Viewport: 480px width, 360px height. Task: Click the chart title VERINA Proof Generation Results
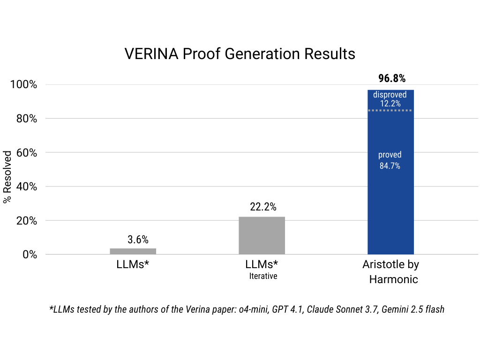click(x=240, y=54)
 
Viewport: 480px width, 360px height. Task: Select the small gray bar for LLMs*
click(x=133, y=251)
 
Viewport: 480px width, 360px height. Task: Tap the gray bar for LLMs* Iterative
click(x=262, y=235)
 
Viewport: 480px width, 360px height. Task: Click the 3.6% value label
click(x=138, y=240)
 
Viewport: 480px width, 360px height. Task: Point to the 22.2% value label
click(x=263, y=207)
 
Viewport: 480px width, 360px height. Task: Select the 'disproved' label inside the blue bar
click(x=390, y=95)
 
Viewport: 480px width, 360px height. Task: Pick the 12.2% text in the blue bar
click(x=390, y=104)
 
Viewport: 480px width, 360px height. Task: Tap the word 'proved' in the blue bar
click(x=390, y=155)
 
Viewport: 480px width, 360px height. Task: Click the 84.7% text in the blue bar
click(x=390, y=165)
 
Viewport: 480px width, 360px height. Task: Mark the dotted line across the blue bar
click(x=390, y=111)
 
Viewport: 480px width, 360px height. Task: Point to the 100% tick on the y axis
click(x=23, y=85)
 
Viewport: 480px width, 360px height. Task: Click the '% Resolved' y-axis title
click(x=7, y=177)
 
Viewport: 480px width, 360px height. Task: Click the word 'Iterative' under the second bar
click(x=263, y=276)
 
